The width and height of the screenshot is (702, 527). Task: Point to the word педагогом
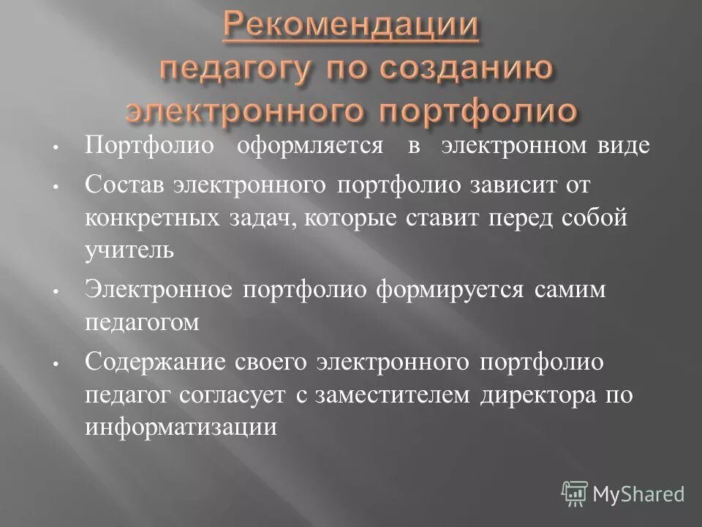142,323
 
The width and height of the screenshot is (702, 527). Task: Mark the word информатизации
181,427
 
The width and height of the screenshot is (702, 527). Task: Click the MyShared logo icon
575,493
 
